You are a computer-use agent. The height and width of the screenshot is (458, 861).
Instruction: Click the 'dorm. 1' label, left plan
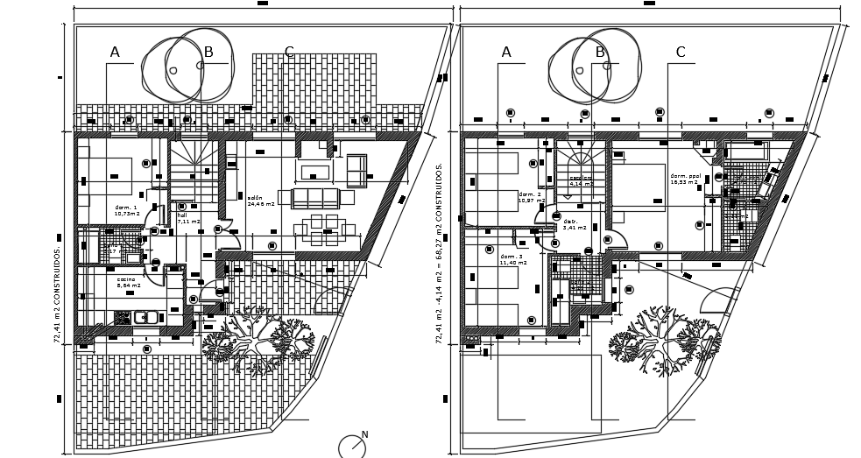click(x=126, y=210)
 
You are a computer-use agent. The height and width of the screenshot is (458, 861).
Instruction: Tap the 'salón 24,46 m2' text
click(x=260, y=201)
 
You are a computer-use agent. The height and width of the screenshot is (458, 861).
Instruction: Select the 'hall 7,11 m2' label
click(x=187, y=218)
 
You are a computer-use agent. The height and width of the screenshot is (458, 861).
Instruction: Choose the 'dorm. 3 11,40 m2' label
click(x=512, y=259)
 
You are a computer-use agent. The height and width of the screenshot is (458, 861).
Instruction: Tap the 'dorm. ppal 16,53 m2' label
click(x=685, y=179)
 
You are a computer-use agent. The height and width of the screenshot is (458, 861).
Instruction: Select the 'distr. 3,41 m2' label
click(x=574, y=224)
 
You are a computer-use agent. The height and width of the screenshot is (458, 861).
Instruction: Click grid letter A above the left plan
click(x=115, y=53)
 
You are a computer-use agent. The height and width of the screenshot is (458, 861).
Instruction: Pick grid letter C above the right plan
click(x=681, y=53)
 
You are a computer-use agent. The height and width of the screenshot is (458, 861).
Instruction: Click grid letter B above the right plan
click(x=600, y=53)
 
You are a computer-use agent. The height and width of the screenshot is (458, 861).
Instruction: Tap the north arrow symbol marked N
click(x=352, y=446)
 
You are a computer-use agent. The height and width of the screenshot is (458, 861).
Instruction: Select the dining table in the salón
click(x=324, y=229)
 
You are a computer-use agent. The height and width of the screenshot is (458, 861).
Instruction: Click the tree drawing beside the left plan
click(x=258, y=337)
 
